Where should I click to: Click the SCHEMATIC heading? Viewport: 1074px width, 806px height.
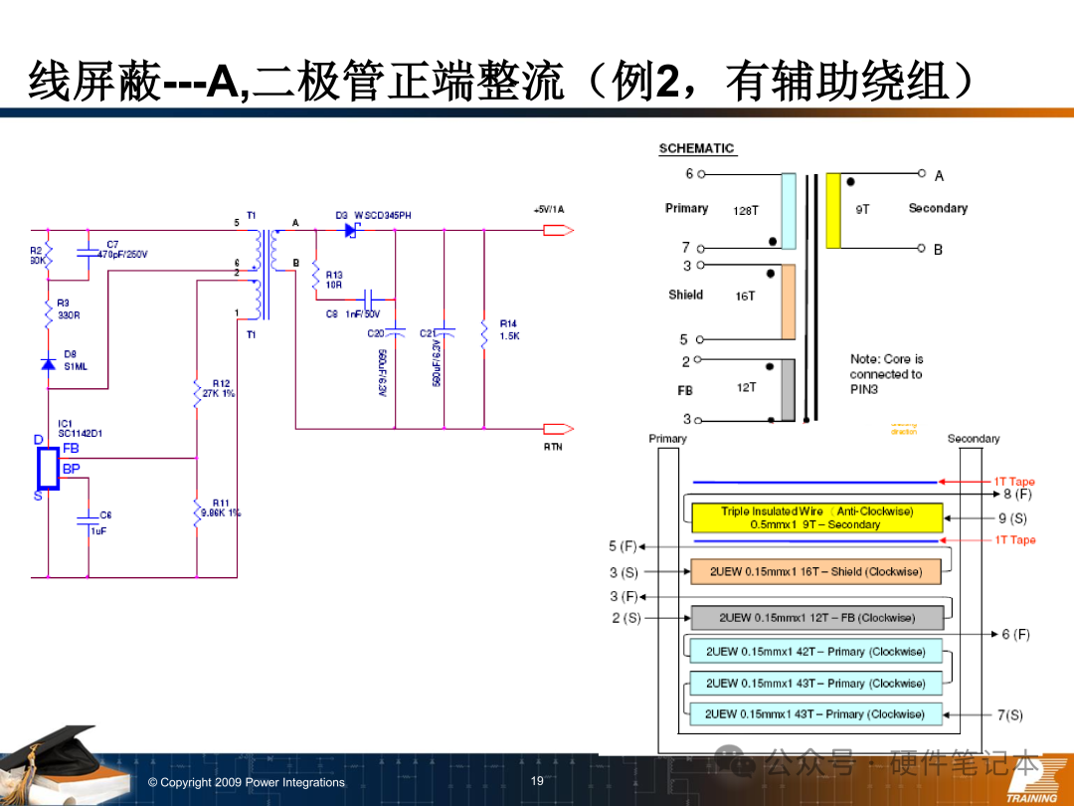[696, 148]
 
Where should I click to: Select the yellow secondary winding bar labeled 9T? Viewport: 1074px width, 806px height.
[833, 211]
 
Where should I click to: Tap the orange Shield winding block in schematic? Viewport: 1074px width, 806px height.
[788, 302]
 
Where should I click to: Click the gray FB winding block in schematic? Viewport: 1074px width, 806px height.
[788, 389]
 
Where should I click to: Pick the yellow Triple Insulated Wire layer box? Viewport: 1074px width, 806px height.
[815, 517]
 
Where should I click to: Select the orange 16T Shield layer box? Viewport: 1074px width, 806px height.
[815, 572]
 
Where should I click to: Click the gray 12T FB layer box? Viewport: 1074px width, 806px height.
[815, 618]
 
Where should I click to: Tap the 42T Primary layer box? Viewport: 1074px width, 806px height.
[815, 652]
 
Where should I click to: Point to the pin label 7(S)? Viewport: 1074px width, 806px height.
[1009, 714]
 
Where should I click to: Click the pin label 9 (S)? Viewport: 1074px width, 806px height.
[1012, 518]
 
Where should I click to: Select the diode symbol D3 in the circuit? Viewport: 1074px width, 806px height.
[351, 230]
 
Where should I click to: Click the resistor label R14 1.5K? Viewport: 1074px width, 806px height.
[509, 329]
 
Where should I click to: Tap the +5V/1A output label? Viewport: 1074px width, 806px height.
[548, 210]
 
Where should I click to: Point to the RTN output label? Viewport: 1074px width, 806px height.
[553, 447]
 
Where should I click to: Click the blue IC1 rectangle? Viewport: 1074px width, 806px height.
[48, 468]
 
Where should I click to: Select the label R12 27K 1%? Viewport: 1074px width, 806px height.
[220, 388]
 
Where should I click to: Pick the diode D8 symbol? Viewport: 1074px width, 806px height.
[48, 364]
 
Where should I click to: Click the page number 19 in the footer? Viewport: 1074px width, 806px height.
[537, 781]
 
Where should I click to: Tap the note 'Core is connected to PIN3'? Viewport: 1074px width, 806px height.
[886, 373]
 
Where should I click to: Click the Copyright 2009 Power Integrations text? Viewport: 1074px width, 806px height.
[247, 782]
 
